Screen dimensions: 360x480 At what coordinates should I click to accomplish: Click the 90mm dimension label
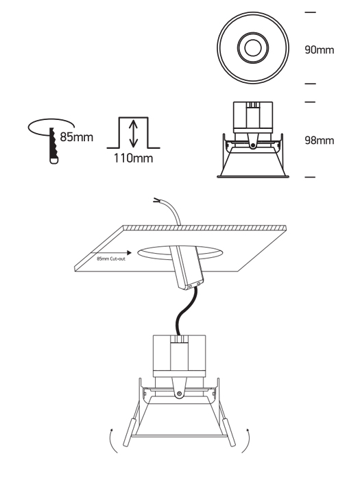point(320,50)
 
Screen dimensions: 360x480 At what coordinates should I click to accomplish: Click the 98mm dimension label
point(320,141)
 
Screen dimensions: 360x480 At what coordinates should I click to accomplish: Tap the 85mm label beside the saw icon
point(77,137)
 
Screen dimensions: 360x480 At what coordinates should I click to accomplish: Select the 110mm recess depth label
point(133,158)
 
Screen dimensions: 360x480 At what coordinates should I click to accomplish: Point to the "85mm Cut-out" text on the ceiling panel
point(111,259)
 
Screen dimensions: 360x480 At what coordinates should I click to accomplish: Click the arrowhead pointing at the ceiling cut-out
point(130,252)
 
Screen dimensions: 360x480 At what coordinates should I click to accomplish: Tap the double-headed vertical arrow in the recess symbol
point(133,133)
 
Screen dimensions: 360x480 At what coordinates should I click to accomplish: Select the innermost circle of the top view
point(253,48)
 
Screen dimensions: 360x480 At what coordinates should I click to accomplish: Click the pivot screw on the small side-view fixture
point(253,145)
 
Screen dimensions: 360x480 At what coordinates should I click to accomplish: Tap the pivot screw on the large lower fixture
point(180,394)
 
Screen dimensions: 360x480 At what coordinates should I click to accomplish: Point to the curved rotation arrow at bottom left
point(111,441)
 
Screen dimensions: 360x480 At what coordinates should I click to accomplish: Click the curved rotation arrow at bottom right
point(248,441)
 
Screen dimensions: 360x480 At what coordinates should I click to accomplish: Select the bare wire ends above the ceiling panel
point(157,200)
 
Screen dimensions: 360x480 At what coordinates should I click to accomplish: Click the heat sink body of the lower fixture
point(180,356)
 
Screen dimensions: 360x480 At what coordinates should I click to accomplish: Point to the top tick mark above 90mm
point(311,12)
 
